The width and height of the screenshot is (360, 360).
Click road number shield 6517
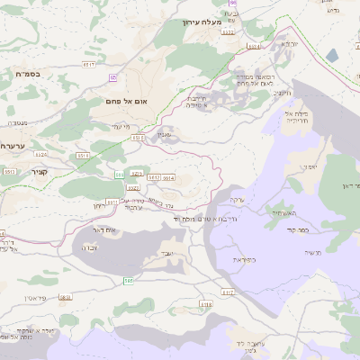tap(88, 65)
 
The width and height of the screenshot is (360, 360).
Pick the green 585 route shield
tap(129, 282)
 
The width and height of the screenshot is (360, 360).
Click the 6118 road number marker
tap(206, 305)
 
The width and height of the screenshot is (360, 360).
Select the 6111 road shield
tap(112, 202)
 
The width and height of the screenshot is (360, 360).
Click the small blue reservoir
tap(332, 56)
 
